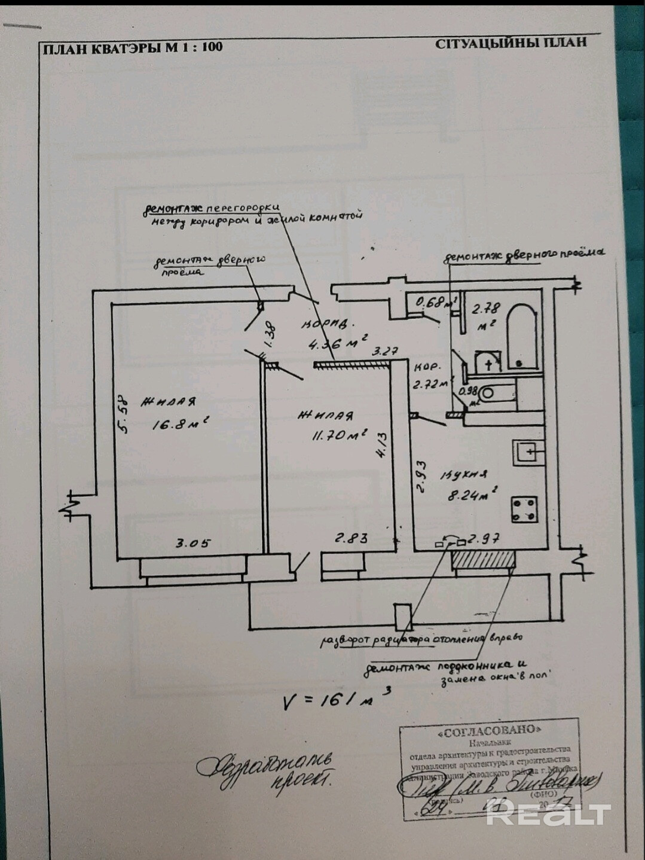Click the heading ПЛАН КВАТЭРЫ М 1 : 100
pyautogui.click(x=132, y=47)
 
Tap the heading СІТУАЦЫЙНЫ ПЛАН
pyautogui.click(x=511, y=42)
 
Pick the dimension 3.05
pyautogui.click(x=192, y=543)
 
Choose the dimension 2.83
pyautogui.click(x=351, y=538)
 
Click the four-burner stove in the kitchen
pyautogui.click(x=523, y=509)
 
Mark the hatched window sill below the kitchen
pyautogui.click(x=483, y=560)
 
